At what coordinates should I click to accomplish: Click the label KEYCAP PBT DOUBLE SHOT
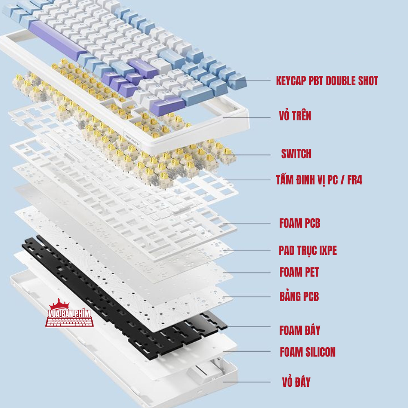pos(327,81)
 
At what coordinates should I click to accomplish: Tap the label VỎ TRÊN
pos(295,116)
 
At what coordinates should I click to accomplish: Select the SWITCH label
pos(296,154)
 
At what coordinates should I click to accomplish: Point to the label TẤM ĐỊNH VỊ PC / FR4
pos(319,180)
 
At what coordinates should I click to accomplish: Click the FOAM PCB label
pos(299,223)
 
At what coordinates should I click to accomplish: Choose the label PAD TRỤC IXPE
pos(308,250)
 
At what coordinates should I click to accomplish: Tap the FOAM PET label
pos(299,272)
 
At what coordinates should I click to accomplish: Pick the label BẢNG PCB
pos(299,296)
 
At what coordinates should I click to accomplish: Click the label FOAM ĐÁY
pos(300,330)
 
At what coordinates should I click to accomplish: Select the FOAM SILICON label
pos(308,352)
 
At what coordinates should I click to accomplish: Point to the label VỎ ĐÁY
pos(296,382)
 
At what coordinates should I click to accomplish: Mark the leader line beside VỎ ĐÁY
pos(249,382)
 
